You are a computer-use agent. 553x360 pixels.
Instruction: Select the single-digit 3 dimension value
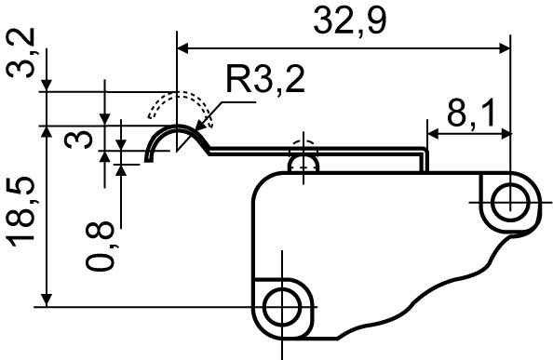(83, 140)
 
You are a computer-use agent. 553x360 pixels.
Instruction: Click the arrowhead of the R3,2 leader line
(208, 122)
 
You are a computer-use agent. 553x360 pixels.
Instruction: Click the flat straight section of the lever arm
(317, 153)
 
